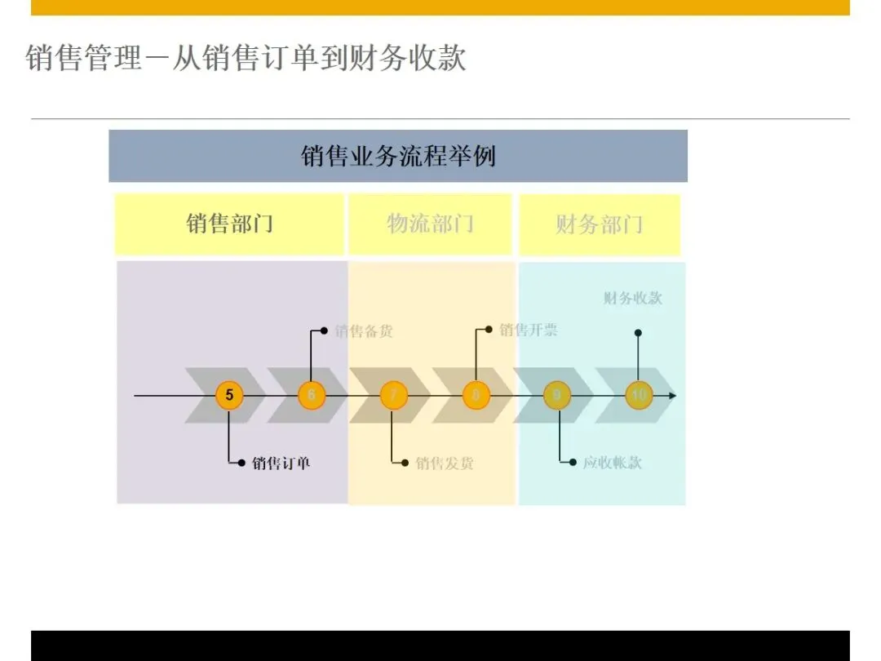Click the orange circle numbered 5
click(229, 396)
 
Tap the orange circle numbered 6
click(311, 396)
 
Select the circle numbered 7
click(393, 396)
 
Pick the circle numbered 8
click(476, 396)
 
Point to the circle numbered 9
click(557, 396)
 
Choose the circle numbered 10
click(639, 396)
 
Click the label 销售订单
click(281, 464)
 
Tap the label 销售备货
click(364, 331)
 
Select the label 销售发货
click(445, 464)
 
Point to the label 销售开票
click(529, 330)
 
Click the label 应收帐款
click(612, 463)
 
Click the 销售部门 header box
click(229, 224)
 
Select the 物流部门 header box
click(430, 224)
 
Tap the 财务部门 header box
click(600, 224)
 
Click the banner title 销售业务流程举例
click(398, 156)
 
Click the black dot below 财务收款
click(638, 333)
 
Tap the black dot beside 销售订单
click(242, 464)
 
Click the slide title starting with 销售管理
click(246, 59)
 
